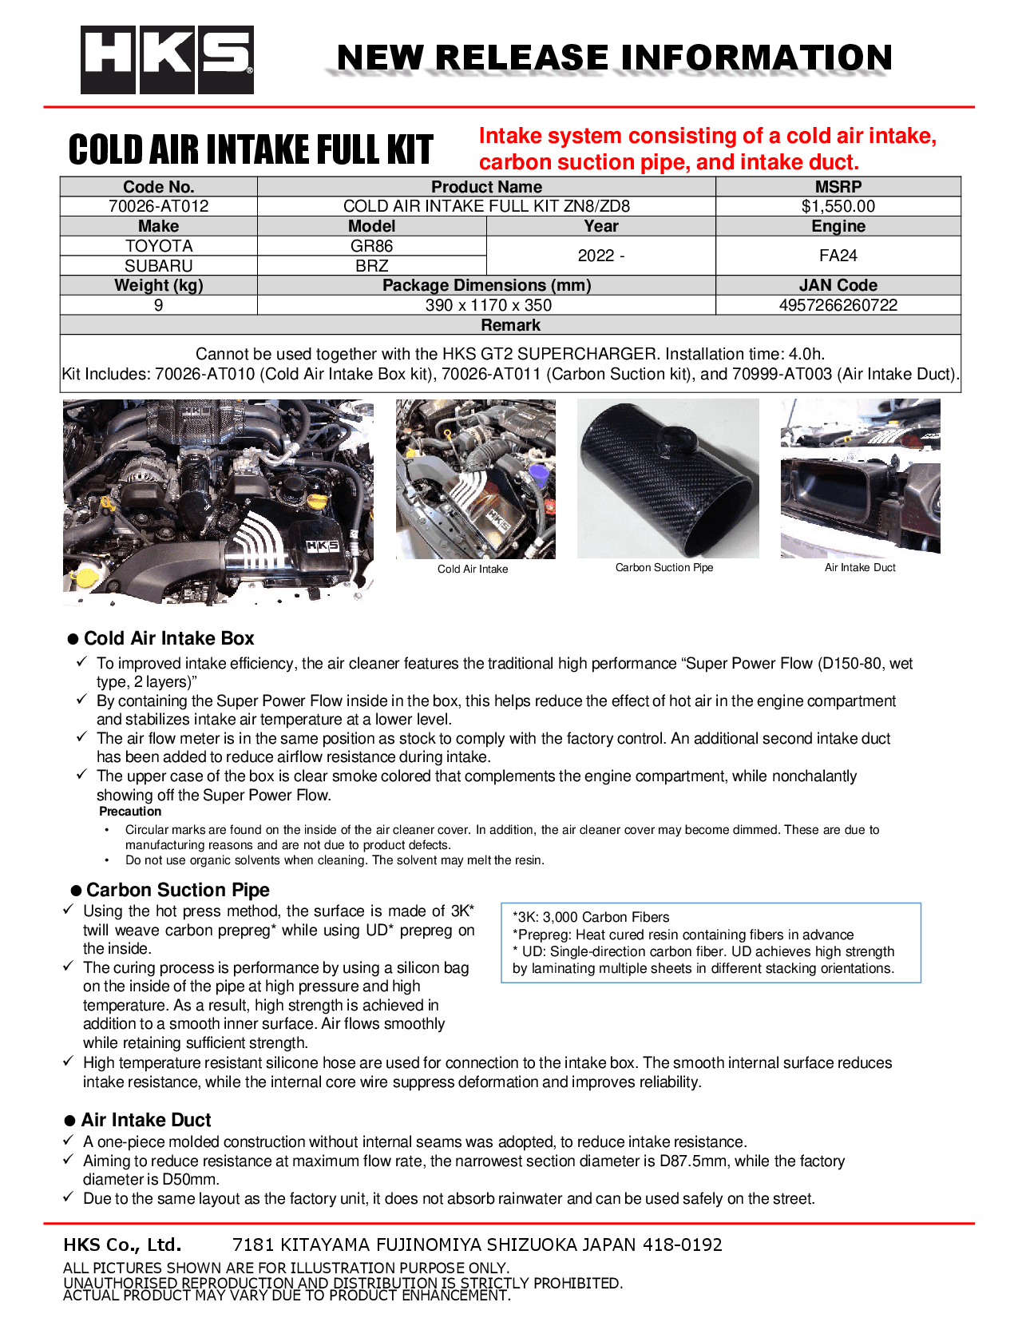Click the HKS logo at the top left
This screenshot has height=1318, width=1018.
[x=167, y=60]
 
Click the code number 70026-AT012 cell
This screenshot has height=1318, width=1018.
[x=158, y=206]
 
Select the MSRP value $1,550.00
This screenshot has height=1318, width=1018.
[x=838, y=206]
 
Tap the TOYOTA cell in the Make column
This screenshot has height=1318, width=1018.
[x=158, y=246]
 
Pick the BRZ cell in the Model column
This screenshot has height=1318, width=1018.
[x=371, y=266]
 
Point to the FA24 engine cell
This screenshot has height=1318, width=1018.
[x=838, y=256]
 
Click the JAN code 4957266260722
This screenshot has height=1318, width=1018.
[x=838, y=305]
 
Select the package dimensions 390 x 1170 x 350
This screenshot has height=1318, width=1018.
[x=487, y=305]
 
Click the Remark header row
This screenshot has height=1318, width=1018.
[x=510, y=325]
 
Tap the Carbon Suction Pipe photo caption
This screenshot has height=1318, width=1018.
[x=663, y=568]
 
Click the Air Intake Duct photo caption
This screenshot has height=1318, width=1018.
[x=860, y=568]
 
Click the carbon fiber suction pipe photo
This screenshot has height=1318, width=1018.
[x=667, y=479]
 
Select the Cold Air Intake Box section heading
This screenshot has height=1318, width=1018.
[x=168, y=638]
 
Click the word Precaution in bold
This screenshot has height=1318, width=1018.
[x=130, y=812]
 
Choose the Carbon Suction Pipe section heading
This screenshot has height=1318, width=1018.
[x=177, y=890]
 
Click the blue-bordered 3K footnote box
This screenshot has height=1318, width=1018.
[x=711, y=943]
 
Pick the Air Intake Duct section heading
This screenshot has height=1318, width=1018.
[x=146, y=1120]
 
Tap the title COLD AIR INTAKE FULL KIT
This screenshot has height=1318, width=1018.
[x=251, y=150]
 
